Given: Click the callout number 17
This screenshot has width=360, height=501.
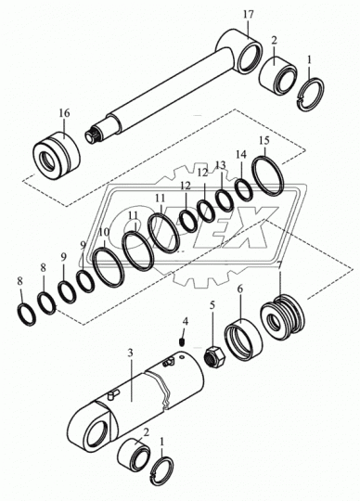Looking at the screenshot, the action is coord(249,14).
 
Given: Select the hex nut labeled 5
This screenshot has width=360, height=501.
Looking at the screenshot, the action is coord(214,357).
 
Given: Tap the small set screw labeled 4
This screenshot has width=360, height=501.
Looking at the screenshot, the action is coord(182,342).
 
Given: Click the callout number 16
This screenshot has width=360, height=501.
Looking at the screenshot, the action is coord(64,113).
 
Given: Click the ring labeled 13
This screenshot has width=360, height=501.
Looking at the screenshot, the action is coord(225,199).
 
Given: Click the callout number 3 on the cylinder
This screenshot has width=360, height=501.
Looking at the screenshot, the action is coord(130,353).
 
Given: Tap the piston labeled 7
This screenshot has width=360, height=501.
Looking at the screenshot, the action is coord(282,316).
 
